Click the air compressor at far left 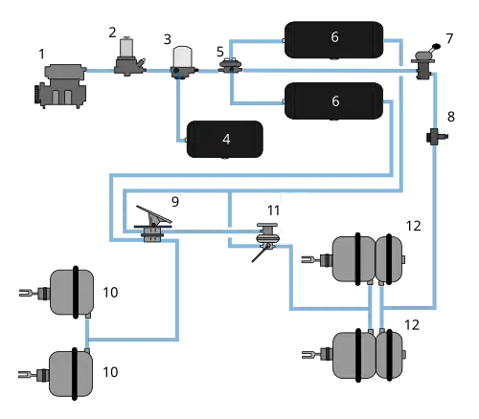tap(62, 84)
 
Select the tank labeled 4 tap(226, 139)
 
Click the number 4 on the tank tap(226, 139)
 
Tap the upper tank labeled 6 tap(334, 37)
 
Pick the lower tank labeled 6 tap(334, 100)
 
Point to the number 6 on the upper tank tap(334, 37)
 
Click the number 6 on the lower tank tap(334, 100)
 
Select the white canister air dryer tap(181, 58)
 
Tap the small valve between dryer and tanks tap(230, 66)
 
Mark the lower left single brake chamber tap(70, 372)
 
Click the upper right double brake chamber tap(366, 259)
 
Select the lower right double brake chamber tap(366, 354)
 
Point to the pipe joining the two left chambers tap(87, 331)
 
